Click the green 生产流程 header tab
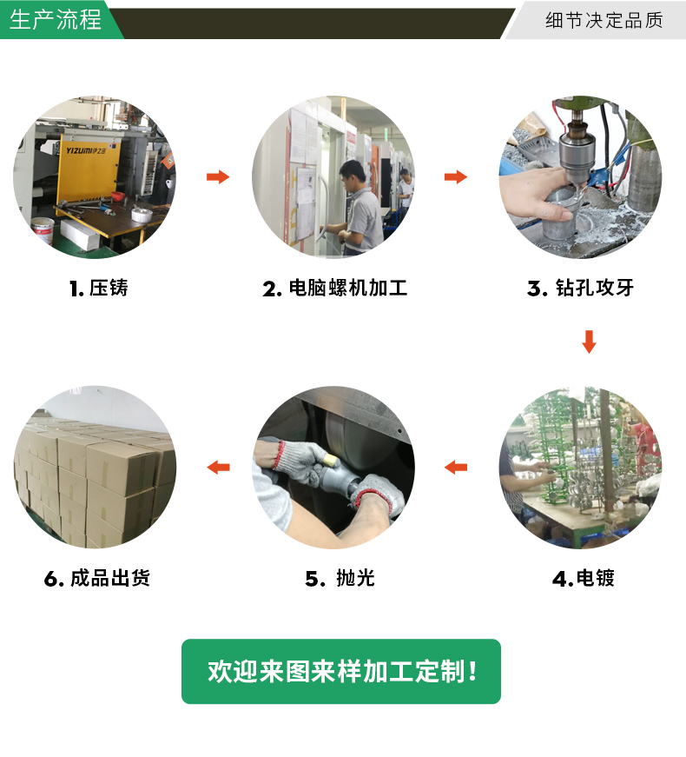click(x=56, y=20)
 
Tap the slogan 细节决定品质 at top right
click(x=604, y=20)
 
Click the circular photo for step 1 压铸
click(x=95, y=177)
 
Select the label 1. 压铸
click(x=98, y=289)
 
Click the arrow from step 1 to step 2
click(x=218, y=177)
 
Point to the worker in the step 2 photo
click(x=359, y=204)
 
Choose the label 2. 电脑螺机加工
click(x=335, y=289)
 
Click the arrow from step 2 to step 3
click(x=456, y=177)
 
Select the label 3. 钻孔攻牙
click(x=580, y=289)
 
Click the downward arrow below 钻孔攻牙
click(x=589, y=342)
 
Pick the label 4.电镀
click(x=584, y=578)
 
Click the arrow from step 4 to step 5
click(x=456, y=468)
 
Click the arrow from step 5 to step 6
click(x=218, y=468)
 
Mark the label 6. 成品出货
click(x=97, y=578)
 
